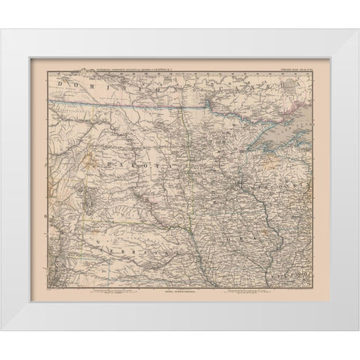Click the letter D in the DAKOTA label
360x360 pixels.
(x=110, y=158)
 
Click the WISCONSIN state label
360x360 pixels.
(x=277, y=181)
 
